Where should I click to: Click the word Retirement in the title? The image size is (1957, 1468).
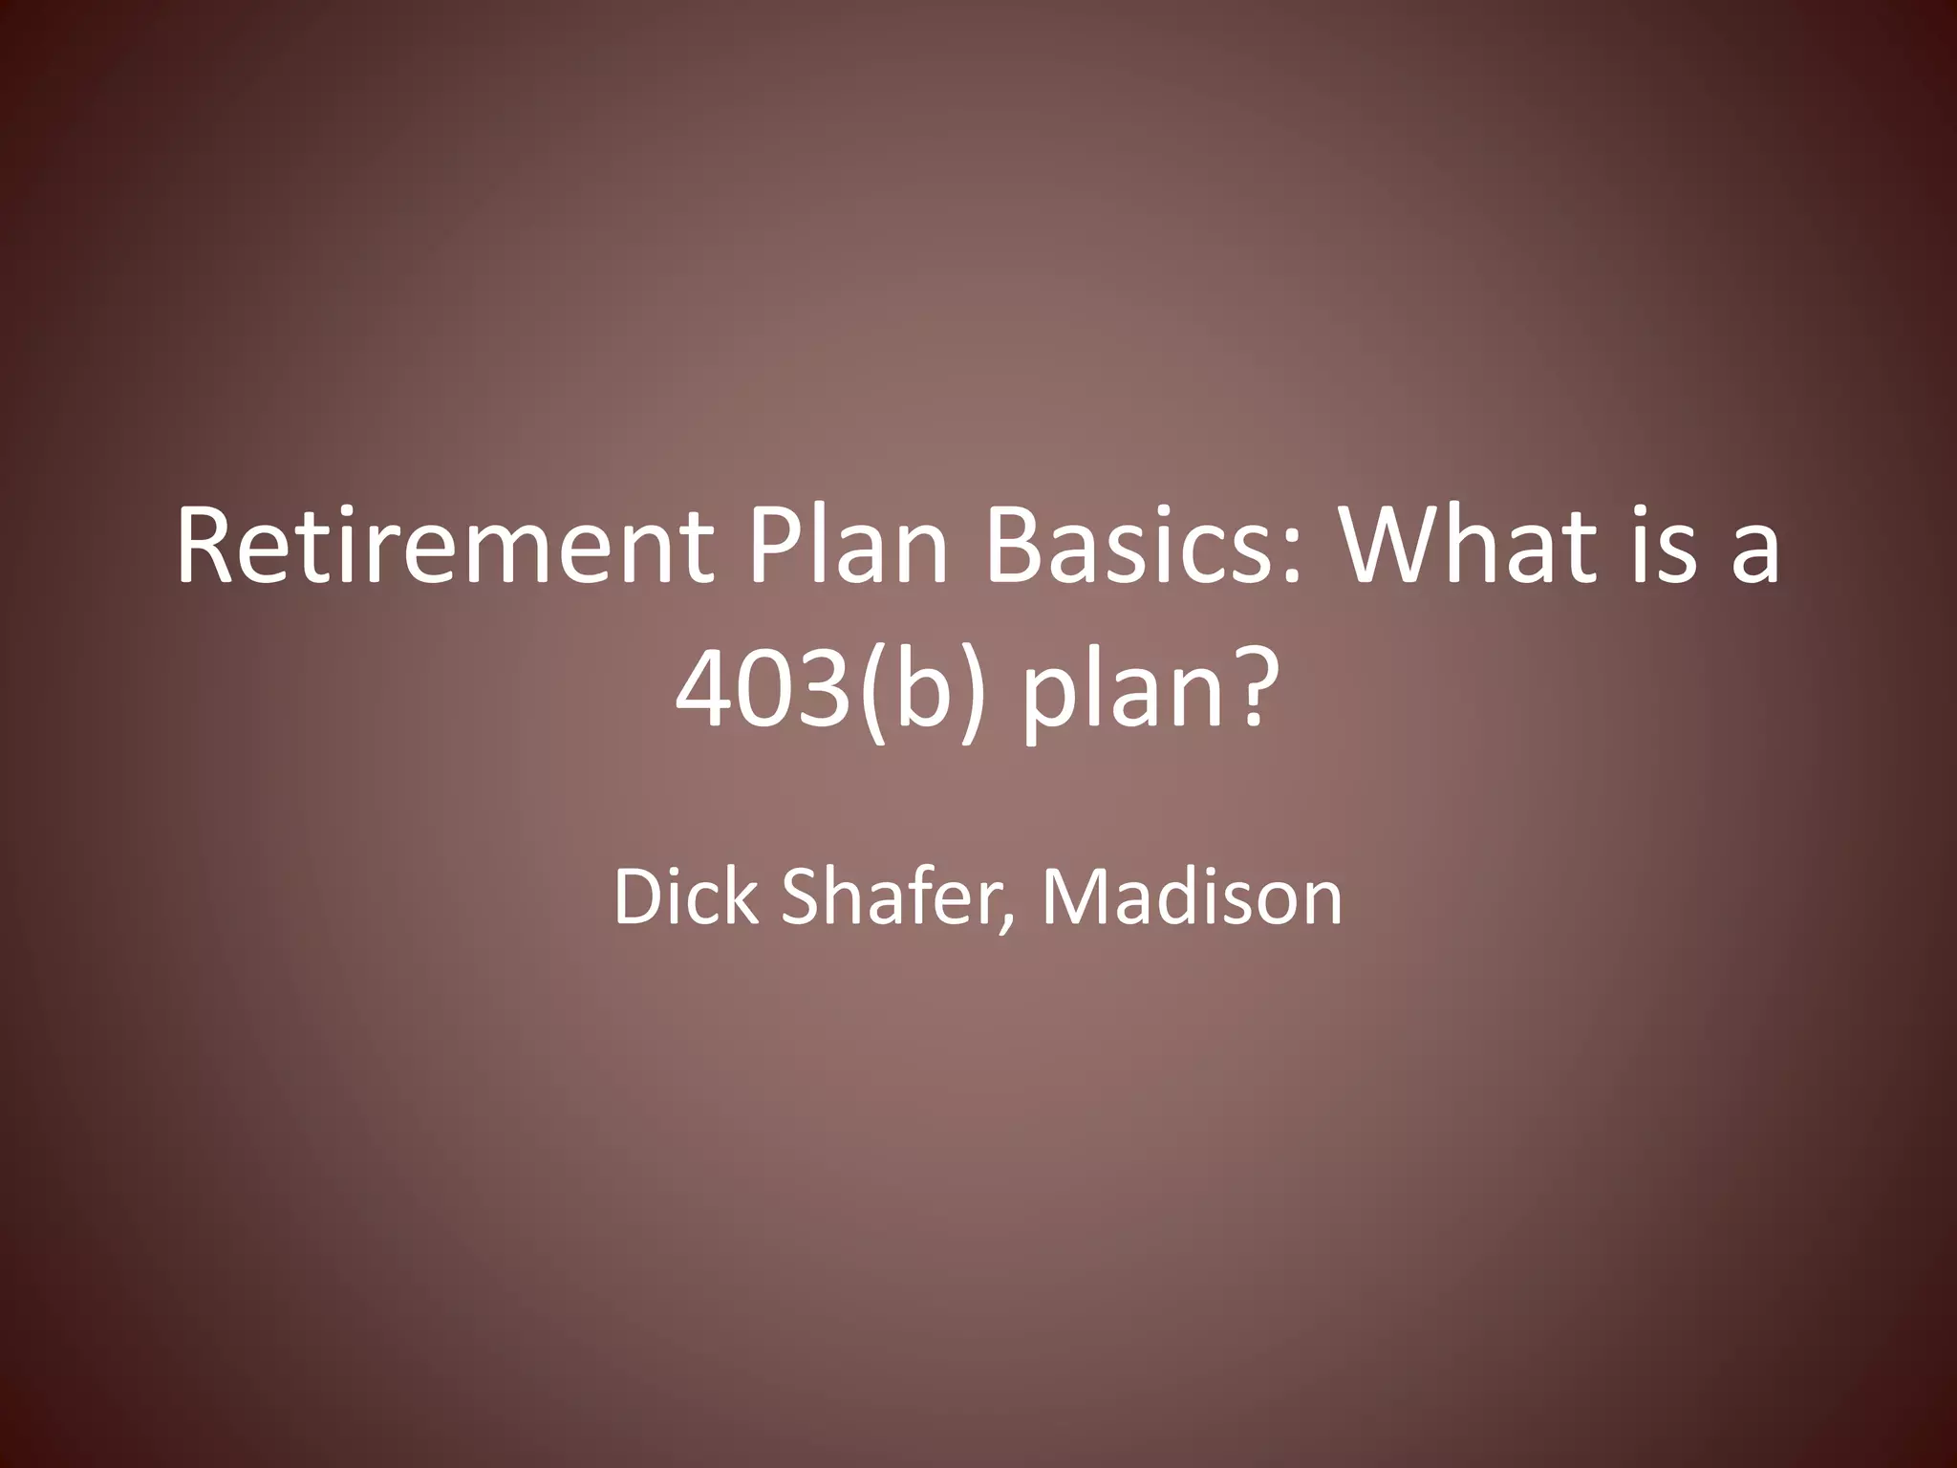444,550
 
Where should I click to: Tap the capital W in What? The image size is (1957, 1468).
1391,550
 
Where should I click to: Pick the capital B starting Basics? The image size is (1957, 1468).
1011,550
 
